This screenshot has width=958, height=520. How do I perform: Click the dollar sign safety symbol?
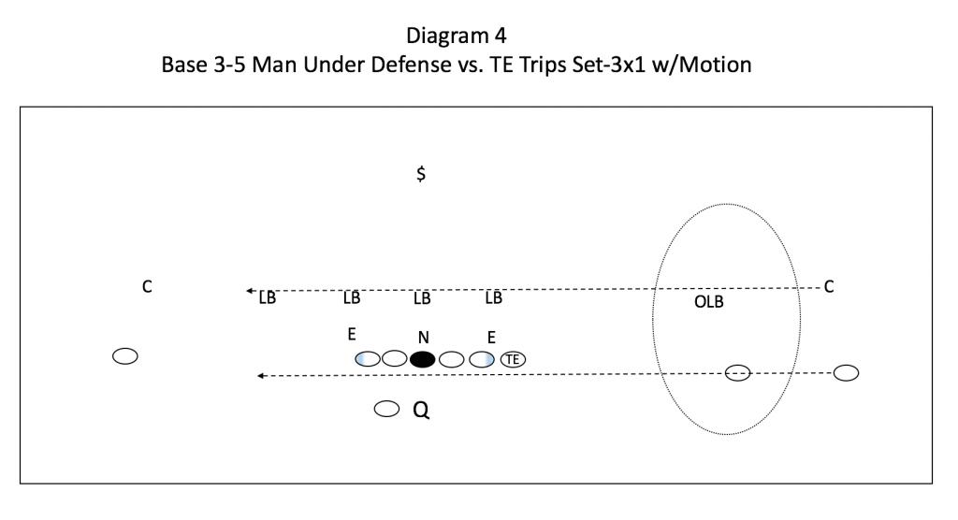click(x=421, y=174)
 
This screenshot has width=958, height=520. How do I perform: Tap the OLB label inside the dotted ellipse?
click(x=709, y=302)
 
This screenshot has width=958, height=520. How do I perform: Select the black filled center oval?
click(x=422, y=359)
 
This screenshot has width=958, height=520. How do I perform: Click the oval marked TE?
click(x=513, y=359)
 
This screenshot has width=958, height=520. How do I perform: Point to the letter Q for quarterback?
click(x=421, y=410)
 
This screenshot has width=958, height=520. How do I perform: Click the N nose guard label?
click(x=424, y=338)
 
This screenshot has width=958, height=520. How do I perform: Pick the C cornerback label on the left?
click(x=147, y=286)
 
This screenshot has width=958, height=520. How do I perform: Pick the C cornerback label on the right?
click(x=829, y=286)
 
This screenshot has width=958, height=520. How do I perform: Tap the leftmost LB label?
click(x=267, y=297)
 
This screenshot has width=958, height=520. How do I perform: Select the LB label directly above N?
click(x=422, y=298)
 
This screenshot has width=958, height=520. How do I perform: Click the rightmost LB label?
click(x=494, y=297)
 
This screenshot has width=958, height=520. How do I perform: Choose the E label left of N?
click(x=352, y=334)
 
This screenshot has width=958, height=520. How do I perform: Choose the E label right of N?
click(x=491, y=338)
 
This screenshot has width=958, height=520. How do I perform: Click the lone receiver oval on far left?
click(x=125, y=356)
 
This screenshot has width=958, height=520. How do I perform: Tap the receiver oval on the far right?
click(x=846, y=373)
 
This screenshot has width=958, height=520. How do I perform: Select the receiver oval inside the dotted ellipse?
click(x=737, y=373)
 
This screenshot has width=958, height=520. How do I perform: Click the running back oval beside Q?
click(x=386, y=409)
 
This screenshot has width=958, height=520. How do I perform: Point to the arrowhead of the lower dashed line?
click(x=260, y=376)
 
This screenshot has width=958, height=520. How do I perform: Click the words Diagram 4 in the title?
click(x=457, y=36)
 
